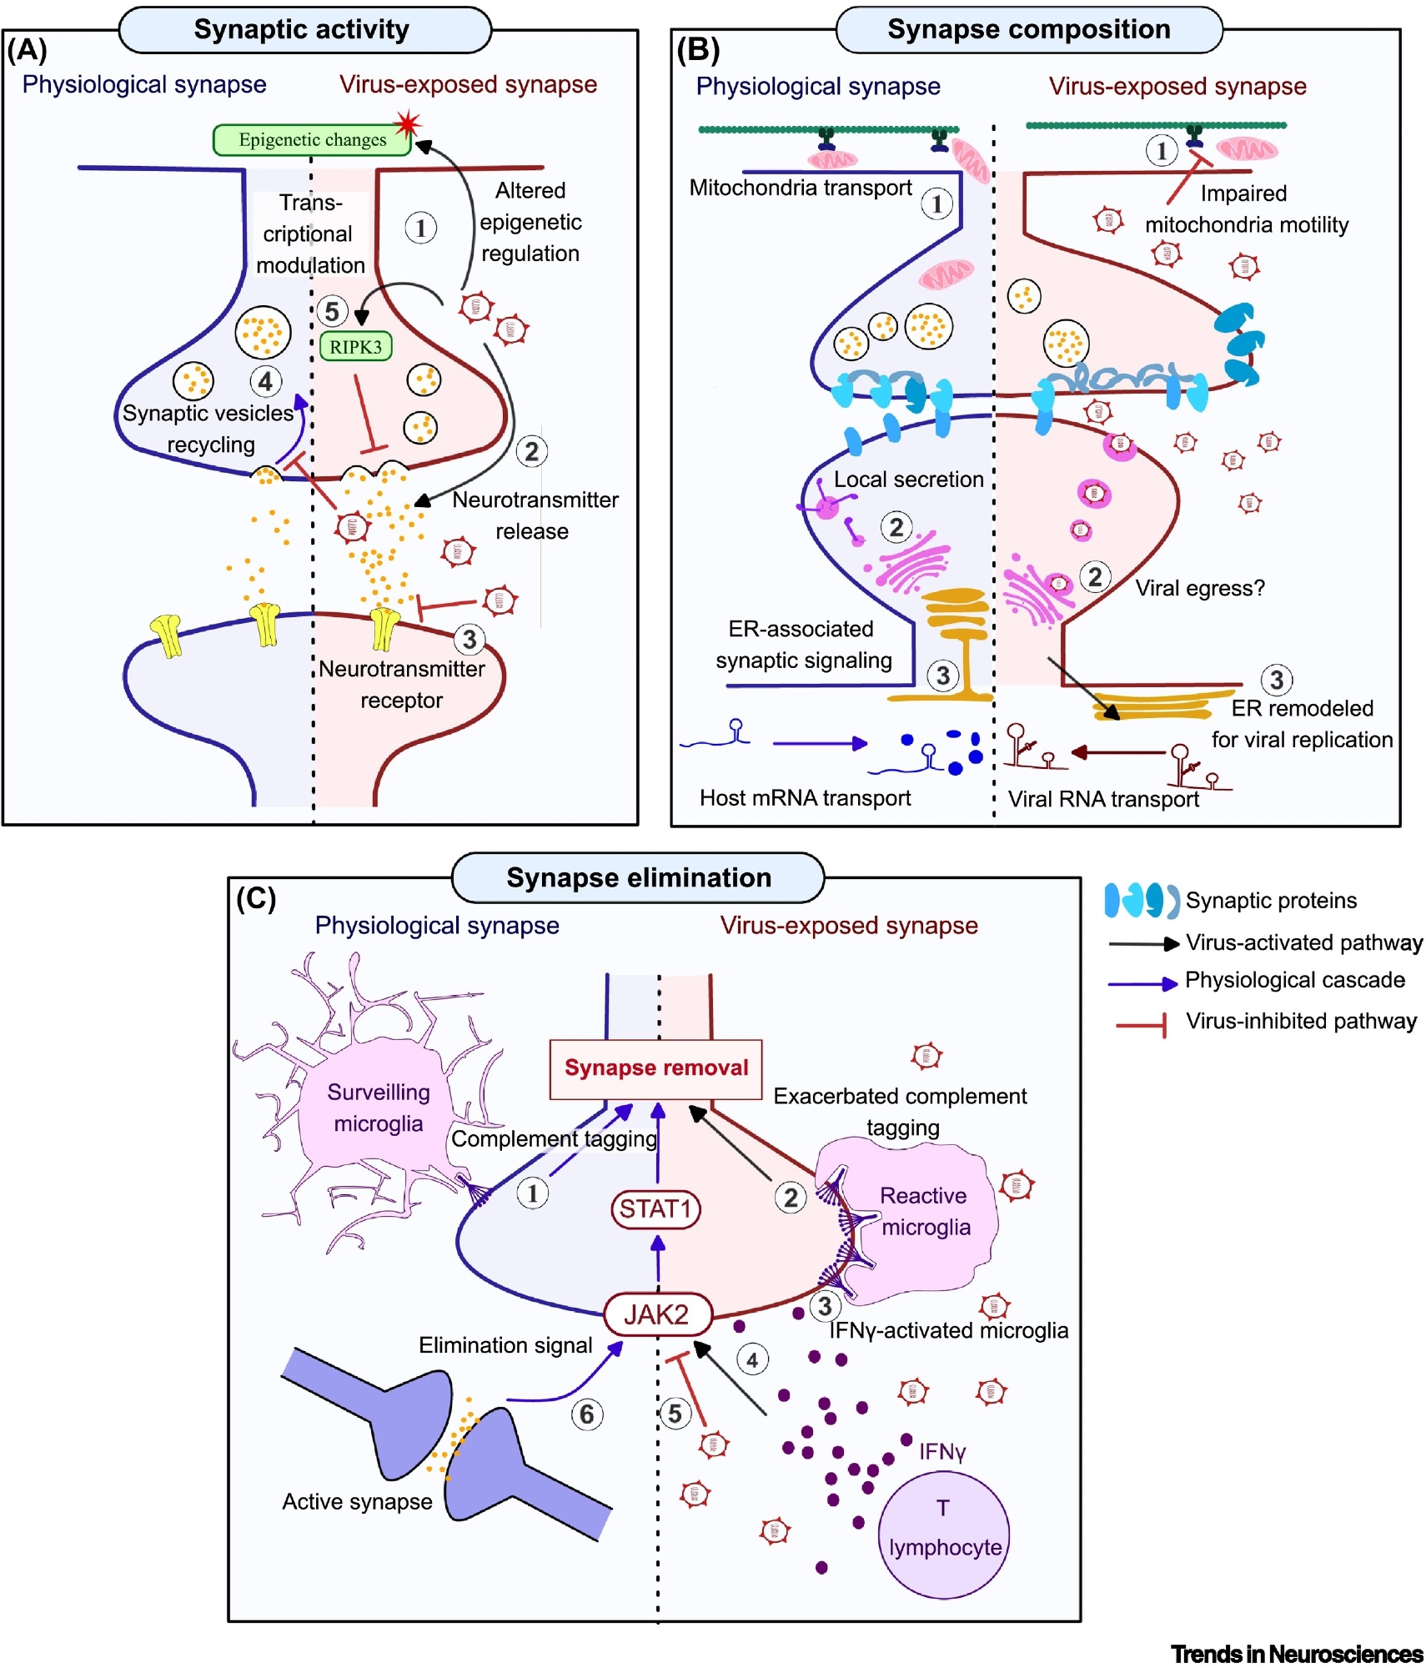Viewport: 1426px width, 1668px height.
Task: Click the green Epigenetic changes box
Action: click(312, 140)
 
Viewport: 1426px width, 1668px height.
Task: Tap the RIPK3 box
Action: click(355, 347)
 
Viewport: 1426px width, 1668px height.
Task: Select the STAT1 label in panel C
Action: click(655, 1208)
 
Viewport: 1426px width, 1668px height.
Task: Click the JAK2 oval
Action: click(657, 1314)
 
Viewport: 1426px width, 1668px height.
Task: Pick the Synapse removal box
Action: click(655, 1068)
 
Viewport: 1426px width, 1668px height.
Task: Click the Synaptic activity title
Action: click(302, 30)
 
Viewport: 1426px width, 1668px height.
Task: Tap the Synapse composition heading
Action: click(1028, 30)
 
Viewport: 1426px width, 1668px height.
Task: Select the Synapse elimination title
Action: click(639, 877)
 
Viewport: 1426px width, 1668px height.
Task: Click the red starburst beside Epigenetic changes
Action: click(407, 124)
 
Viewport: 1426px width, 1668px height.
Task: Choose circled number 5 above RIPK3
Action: click(332, 311)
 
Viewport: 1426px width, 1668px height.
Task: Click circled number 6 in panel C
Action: click(587, 1414)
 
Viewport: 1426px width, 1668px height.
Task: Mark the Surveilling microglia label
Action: click(379, 1108)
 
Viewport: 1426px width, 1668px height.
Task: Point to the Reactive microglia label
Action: click(925, 1211)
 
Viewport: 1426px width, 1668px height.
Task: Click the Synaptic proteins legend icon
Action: click(1140, 901)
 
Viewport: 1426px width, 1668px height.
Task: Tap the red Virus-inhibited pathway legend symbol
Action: click(1141, 1023)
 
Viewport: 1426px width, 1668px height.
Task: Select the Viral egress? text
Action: click(1199, 588)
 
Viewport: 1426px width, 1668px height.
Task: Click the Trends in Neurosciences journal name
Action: click(1296, 1654)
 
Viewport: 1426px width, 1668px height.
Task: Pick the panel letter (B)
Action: click(697, 51)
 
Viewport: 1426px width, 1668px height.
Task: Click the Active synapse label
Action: click(357, 1501)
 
